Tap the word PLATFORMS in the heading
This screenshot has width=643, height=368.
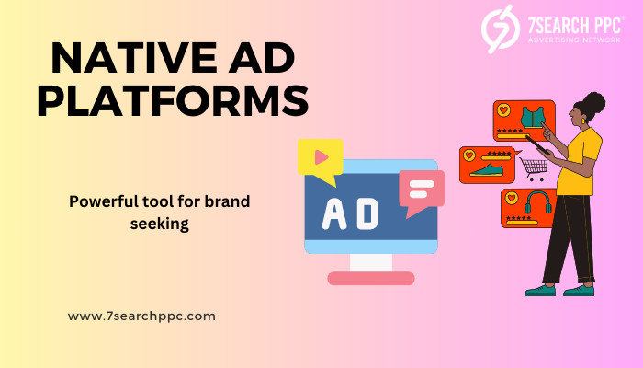tap(173, 100)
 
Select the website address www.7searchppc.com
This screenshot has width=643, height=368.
tap(141, 316)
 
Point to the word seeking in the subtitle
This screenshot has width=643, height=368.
tap(160, 224)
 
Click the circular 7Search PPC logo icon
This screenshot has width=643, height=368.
tap(501, 29)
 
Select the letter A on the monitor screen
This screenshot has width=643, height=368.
tap(333, 214)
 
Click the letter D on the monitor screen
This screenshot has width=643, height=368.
tap(367, 214)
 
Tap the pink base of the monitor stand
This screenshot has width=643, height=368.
tap(371, 278)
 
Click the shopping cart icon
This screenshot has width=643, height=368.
tap(534, 168)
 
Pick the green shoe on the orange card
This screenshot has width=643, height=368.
tap(487, 170)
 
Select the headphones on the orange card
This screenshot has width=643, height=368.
tap(538, 202)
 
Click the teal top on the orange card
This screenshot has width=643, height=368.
tap(533, 118)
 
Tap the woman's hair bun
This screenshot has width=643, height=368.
tap(594, 103)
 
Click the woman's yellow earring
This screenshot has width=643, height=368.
tap(583, 121)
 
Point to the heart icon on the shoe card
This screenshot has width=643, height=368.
tap(469, 155)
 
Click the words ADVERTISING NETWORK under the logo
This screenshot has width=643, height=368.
tap(574, 40)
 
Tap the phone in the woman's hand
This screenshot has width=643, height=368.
tap(537, 145)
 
